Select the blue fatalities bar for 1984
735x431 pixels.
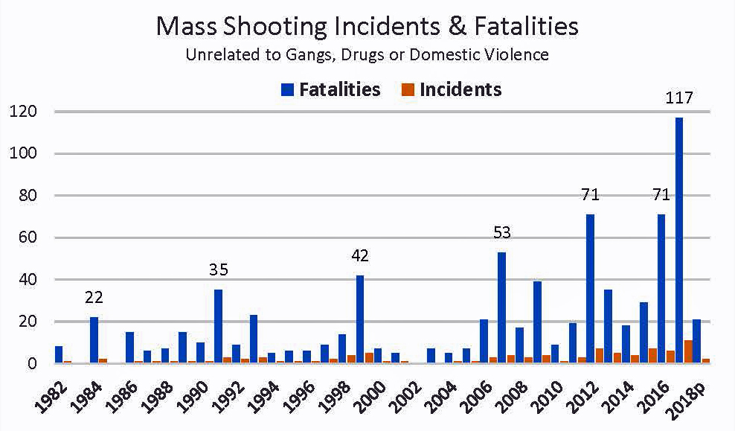[94, 340]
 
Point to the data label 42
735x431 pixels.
[360, 257]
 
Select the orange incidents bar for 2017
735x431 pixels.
[689, 352]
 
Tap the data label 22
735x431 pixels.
[94, 298]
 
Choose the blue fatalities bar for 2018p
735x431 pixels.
[697, 342]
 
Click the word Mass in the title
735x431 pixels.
[183, 26]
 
